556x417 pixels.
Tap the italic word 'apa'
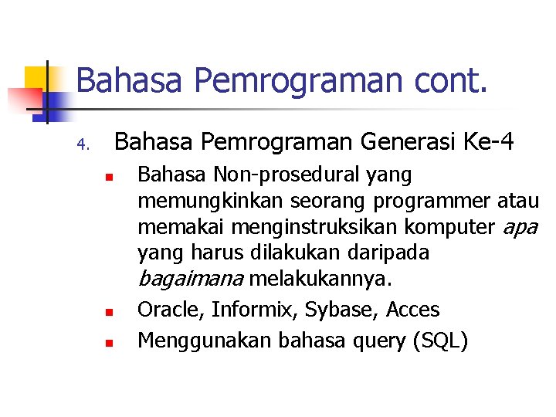click(520, 228)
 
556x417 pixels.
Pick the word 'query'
click(375, 341)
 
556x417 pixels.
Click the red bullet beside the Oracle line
click(109, 313)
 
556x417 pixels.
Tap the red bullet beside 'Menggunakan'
click(109, 342)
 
